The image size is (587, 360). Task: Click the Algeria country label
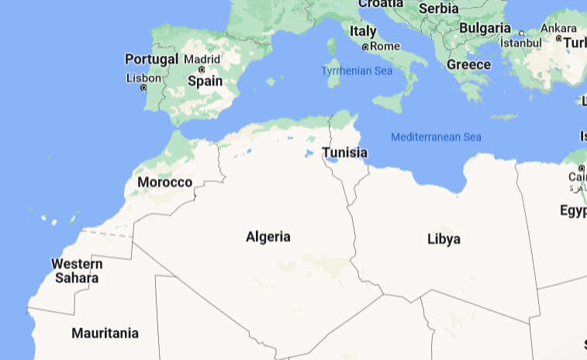click(268, 237)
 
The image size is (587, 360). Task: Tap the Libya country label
click(444, 239)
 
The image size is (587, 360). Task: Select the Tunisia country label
click(344, 153)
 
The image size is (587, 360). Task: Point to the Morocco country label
click(164, 182)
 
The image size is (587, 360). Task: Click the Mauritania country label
click(105, 334)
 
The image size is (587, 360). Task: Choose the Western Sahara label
click(77, 271)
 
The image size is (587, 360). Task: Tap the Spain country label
click(205, 81)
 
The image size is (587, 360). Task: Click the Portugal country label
click(151, 59)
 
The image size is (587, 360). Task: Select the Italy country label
click(363, 32)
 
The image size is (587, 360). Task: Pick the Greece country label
click(468, 64)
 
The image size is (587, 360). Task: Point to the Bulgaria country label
click(484, 28)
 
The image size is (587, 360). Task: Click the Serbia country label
click(439, 9)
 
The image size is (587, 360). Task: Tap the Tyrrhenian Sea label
click(357, 71)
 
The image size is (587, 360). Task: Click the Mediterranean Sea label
click(436, 137)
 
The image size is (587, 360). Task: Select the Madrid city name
click(202, 59)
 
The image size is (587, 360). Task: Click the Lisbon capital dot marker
click(143, 87)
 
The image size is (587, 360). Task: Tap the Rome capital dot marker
click(365, 47)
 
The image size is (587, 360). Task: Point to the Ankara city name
click(558, 29)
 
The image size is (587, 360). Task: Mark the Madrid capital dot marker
click(202, 69)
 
